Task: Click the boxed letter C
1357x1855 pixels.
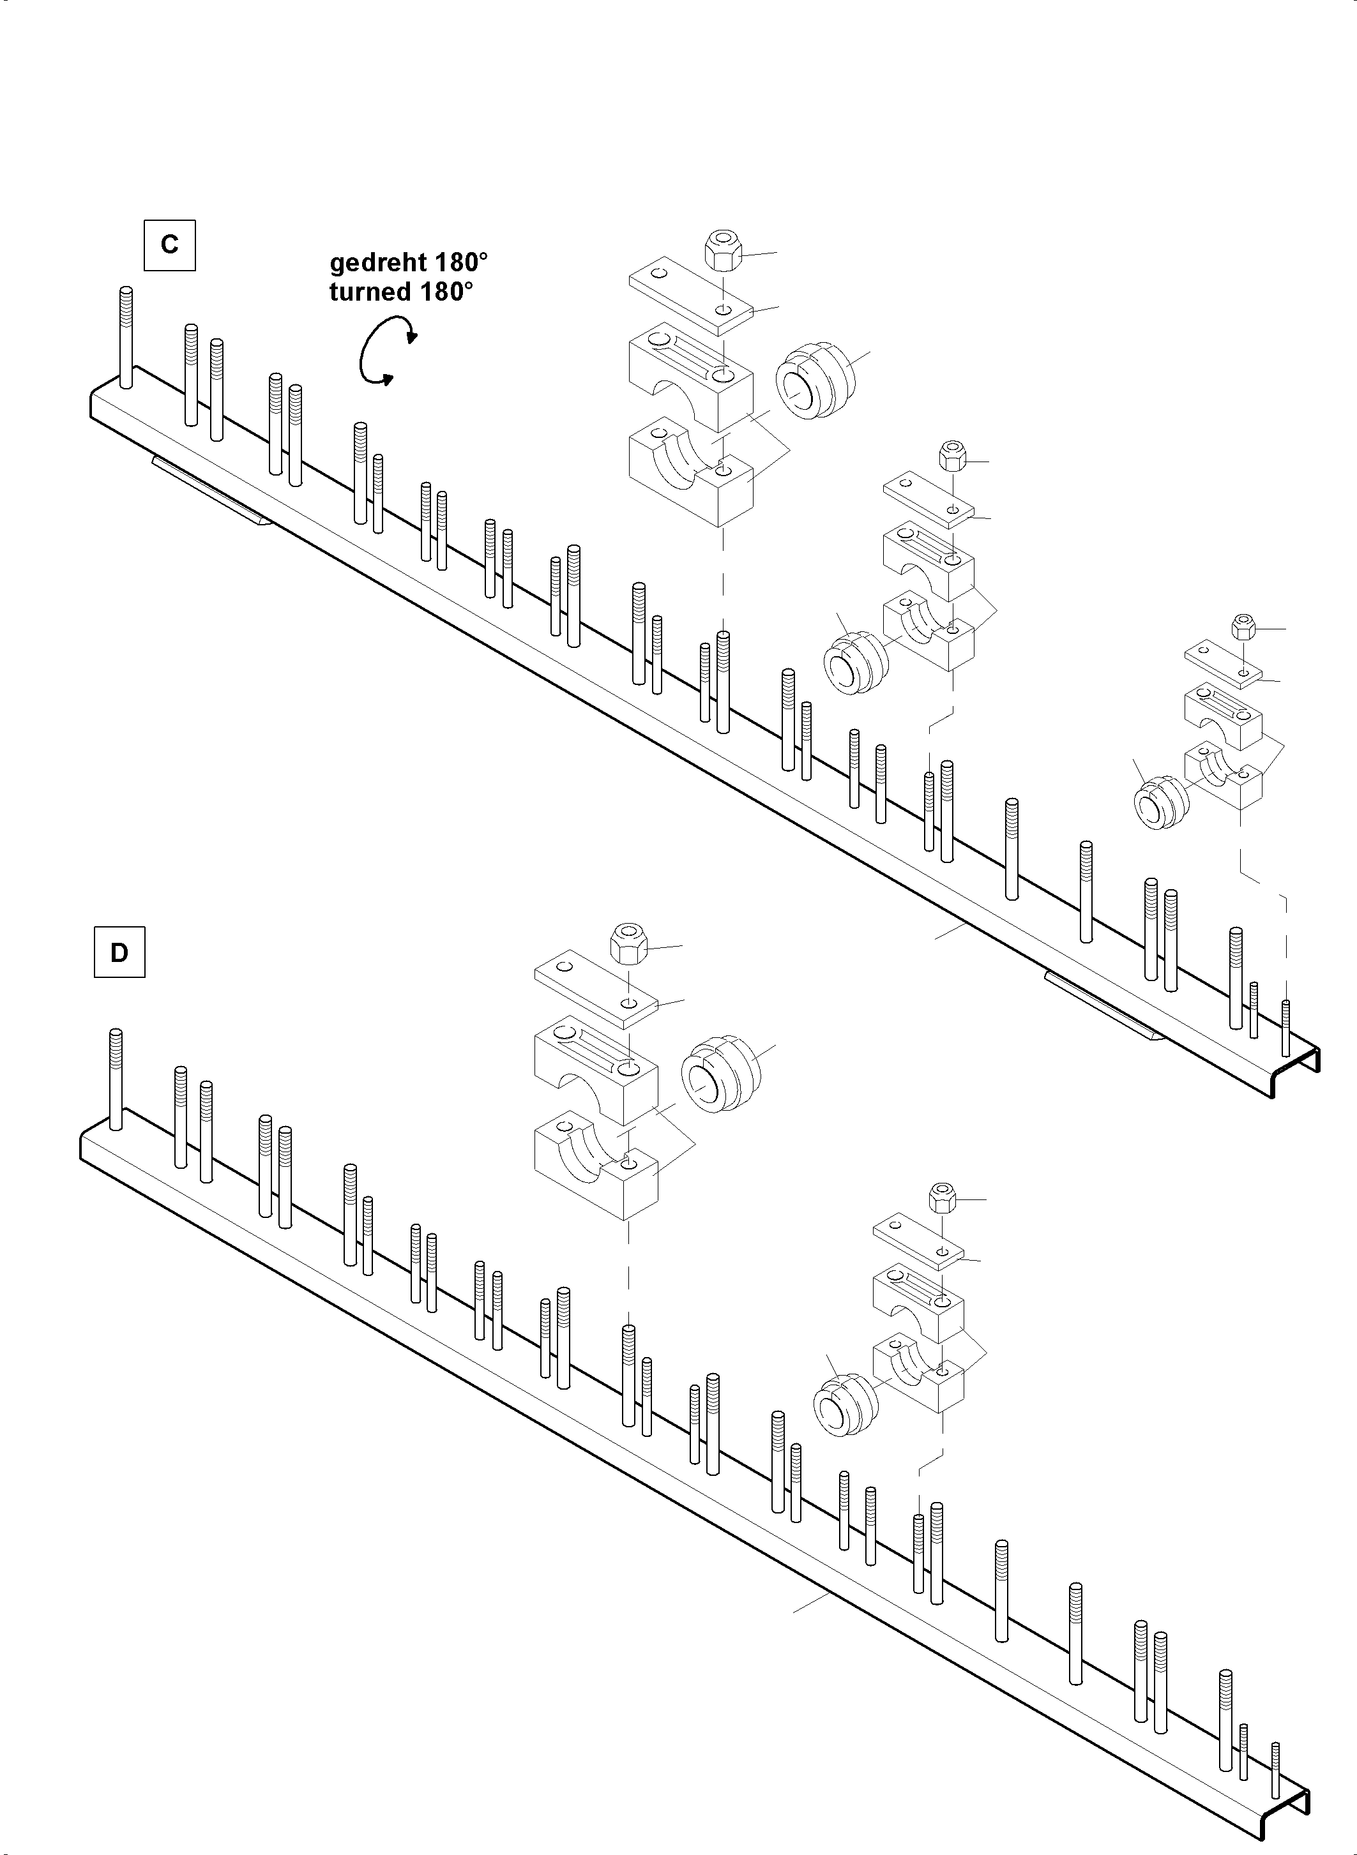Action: (169, 244)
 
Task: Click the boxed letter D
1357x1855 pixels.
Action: (120, 952)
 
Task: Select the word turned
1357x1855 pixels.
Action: (371, 292)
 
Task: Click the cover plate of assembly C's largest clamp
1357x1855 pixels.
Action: (691, 296)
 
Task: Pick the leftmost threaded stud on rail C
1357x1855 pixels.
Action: (126, 336)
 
